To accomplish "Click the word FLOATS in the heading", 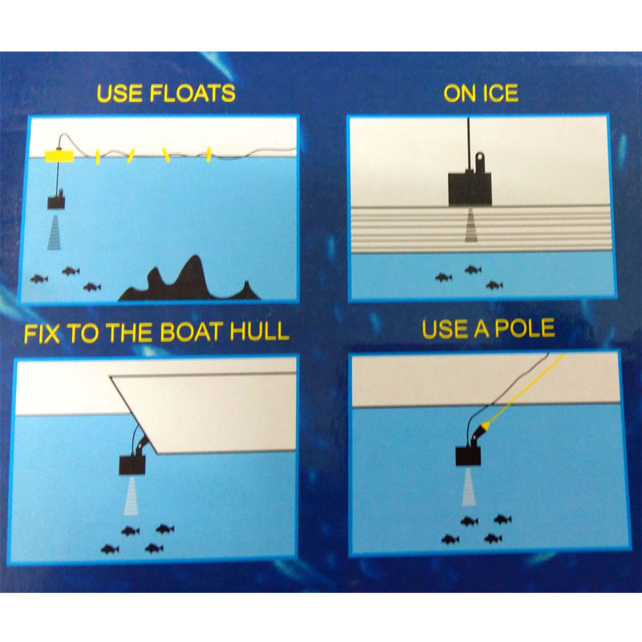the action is (192, 93).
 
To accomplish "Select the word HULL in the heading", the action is (259, 331).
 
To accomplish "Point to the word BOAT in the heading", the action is (192, 332).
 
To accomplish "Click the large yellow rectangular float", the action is (59, 156).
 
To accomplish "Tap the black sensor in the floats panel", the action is (56, 201).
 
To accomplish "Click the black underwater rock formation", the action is (189, 279).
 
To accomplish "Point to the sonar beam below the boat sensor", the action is (131, 495).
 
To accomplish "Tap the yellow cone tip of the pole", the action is (486, 426).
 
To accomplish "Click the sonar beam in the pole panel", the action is (469, 487).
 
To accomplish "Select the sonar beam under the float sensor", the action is (55, 230).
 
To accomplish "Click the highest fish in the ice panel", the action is (473, 270).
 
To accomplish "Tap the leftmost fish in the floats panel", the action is (39, 279).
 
